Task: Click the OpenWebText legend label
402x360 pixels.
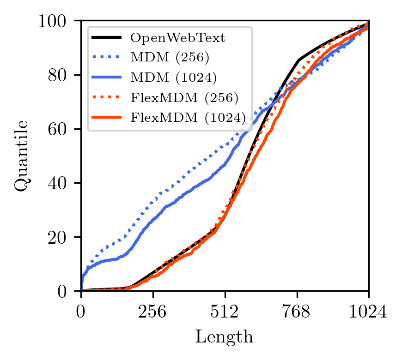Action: [x=178, y=38]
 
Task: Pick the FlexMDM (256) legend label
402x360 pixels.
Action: [x=184, y=98]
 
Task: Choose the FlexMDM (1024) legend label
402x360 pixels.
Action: [x=188, y=118]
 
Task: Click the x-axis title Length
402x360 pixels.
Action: [x=224, y=336]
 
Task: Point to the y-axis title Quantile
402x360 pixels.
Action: [x=22, y=156]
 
